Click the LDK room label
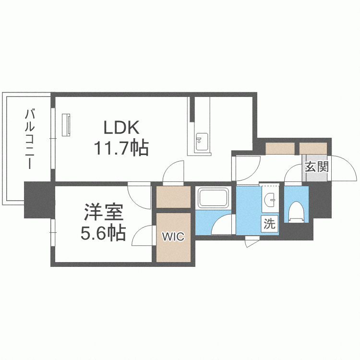(121, 127)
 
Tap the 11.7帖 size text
(121, 148)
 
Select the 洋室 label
(103, 212)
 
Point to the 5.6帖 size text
(103, 233)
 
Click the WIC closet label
(173, 237)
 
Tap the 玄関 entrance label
(317, 167)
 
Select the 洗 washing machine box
(270, 223)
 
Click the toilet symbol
(296, 212)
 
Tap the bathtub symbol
(214, 197)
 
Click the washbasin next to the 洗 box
(270, 199)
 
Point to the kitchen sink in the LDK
(202, 142)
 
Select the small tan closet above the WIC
(173, 197)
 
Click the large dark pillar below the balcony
(39, 200)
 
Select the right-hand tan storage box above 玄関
(313, 148)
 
